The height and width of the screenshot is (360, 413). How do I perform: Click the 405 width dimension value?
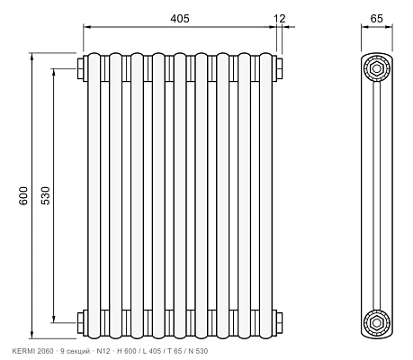tap(180, 19)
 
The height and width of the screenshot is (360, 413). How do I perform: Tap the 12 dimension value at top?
tap(280, 19)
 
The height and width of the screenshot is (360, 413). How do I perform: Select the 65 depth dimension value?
tap(377, 19)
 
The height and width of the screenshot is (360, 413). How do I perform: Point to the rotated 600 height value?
tap(23, 195)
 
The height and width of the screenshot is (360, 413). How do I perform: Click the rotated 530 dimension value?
tap(46, 195)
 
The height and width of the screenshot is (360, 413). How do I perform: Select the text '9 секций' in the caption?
tap(76, 351)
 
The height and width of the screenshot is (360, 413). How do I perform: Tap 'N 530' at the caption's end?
tap(198, 351)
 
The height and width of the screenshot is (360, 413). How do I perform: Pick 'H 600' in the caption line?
tap(127, 351)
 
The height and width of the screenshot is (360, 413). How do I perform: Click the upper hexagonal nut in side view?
tap(377, 68)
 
